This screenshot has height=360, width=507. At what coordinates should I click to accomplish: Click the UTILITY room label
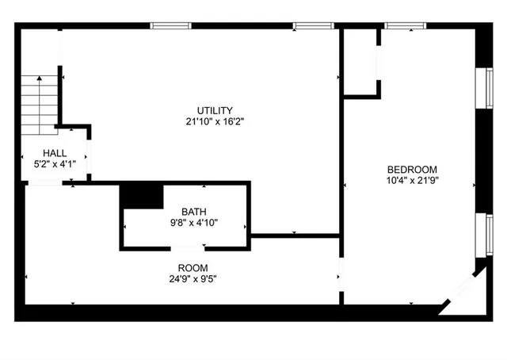(x=215, y=110)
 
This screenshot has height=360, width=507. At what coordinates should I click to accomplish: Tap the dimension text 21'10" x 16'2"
(x=215, y=122)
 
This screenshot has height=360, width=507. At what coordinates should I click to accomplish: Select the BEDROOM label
(x=411, y=169)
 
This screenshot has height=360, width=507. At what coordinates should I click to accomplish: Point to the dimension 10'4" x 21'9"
(x=411, y=180)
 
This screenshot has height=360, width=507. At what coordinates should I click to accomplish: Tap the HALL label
(x=55, y=153)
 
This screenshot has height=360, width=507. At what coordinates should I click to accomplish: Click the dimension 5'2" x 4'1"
(x=55, y=164)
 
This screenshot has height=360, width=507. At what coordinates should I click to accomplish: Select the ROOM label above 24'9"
(x=193, y=267)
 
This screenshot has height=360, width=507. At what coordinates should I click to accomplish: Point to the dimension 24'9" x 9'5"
(x=193, y=279)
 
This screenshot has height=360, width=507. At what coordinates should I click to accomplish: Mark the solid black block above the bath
(x=141, y=195)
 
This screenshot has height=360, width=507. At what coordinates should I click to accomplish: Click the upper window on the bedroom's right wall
(x=480, y=87)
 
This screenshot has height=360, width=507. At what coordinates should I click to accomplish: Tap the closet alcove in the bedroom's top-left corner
(x=360, y=63)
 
